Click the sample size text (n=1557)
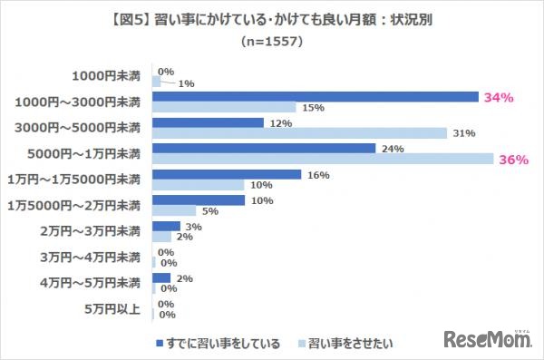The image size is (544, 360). click(272, 42)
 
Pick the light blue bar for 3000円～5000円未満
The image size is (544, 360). click(299, 133)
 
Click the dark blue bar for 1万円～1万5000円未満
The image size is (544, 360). click(227, 174)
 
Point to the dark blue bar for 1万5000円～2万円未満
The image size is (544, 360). click(199, 200)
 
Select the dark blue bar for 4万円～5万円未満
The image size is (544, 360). click(161, 278)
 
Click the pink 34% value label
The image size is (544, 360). click(500, 97)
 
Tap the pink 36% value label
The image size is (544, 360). click(514, 160)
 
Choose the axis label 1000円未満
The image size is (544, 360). click(106, 76)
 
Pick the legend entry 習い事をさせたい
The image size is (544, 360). click(349, 344)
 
